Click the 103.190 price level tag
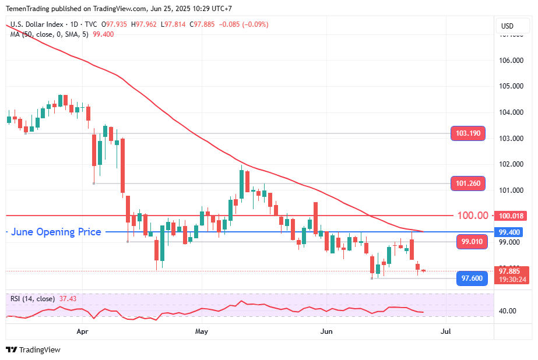click(468, 133)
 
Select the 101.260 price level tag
click(468, 183)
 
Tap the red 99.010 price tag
click(470, 241)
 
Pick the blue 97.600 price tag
click(472, 278)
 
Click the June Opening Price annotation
click(57, 232)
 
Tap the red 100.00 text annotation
click(473, 216)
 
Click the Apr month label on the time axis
click(82, 331)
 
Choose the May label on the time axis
click(202, 331)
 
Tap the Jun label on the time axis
click(327, 331)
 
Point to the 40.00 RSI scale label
click(508, 310)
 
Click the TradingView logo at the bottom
click(33, 350)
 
